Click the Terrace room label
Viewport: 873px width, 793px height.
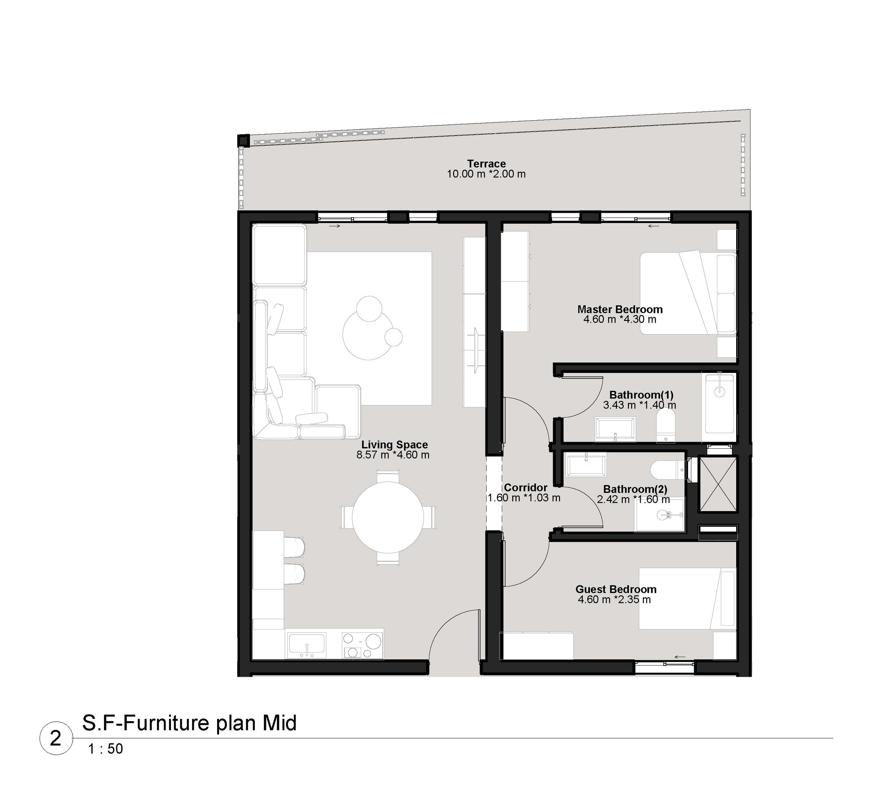pos(486,164)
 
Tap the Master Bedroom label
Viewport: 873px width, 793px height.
pos(620,309)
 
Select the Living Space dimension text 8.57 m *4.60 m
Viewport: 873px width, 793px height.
pos(393,455)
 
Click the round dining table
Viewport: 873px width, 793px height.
pos(388,517)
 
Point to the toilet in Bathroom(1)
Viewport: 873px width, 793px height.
pos(666,427)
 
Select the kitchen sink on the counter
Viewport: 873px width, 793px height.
pos(307,645)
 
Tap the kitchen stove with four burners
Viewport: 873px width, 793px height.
pos(362,645)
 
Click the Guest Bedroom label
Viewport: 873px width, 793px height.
pos(615,589)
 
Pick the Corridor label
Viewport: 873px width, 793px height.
pos(525,487)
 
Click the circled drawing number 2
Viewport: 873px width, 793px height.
pos(56,738)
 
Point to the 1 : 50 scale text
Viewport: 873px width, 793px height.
pos(105,749)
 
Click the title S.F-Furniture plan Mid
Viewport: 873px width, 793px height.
pos(189,723)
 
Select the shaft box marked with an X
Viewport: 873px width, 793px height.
pos(718,484)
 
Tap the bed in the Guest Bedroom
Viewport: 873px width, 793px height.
pos(687,599)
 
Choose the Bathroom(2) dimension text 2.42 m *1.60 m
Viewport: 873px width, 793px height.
pos(633,499)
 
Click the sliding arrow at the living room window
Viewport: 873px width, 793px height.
pos(335,226)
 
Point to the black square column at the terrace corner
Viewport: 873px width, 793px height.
pos(243,141)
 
